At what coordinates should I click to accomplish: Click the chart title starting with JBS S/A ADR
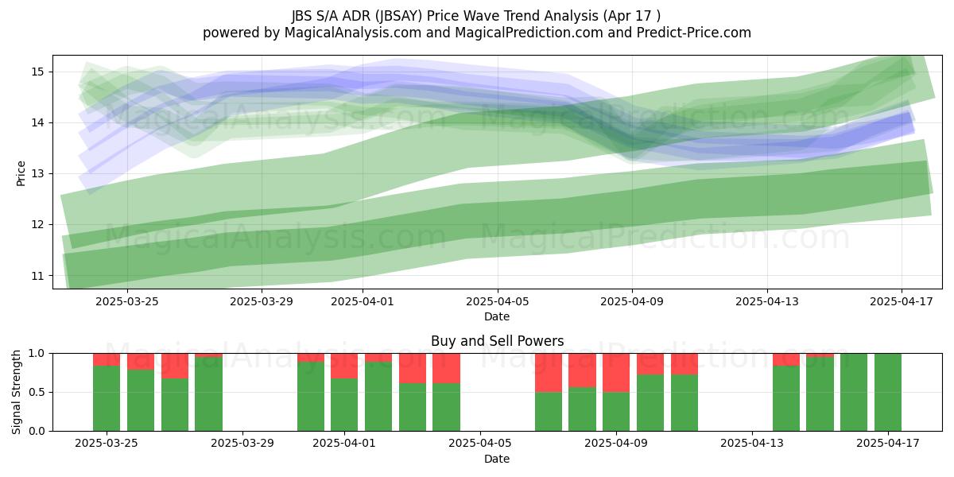tap(476, 16)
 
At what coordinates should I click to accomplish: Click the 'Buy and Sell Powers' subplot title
tap(497, 341)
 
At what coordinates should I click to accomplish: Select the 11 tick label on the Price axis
tap(37, 276)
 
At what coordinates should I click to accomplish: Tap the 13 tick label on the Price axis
tap(37, 174)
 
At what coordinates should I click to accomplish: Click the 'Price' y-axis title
tap(21, 173)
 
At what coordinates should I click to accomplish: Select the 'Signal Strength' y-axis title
tap(16, 392)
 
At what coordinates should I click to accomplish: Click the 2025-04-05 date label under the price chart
tap(497, 301)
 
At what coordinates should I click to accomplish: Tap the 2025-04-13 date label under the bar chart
tap(752, 444)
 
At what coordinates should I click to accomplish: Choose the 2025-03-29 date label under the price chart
tap(262, 301)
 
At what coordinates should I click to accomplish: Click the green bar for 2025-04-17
tap(887, 392)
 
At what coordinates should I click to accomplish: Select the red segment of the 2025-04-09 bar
tap(616, 373)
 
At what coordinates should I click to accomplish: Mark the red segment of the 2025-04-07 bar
tap(549, 373)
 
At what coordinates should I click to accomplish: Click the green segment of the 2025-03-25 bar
tap(107, 398)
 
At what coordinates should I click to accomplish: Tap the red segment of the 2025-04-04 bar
tap(446, 368)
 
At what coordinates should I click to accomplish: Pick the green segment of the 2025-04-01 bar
tap(344, 405)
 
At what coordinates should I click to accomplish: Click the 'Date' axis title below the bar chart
tap(497, 459)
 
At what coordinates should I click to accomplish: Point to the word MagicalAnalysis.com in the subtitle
tap(353, 33)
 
